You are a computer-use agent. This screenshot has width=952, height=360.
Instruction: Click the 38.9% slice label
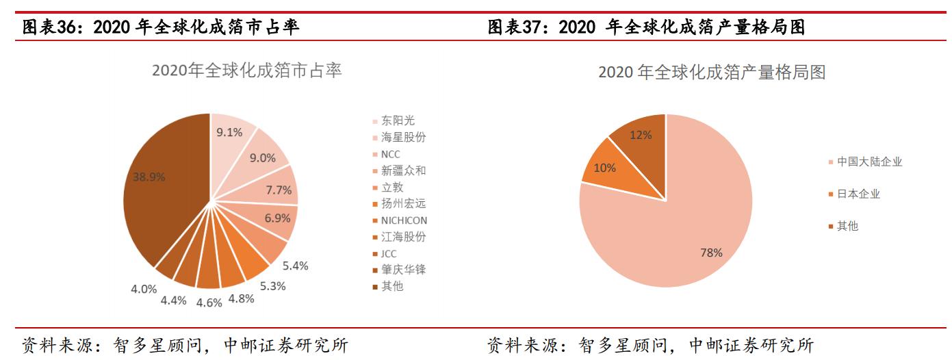point(149,177)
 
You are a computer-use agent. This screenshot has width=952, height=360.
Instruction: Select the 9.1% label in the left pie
point(229,133)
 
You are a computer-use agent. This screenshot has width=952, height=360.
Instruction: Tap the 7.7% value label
point(279,190)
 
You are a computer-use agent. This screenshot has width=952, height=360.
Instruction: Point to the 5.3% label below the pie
point(272,286)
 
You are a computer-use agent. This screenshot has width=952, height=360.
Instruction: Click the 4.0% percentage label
point(144,289)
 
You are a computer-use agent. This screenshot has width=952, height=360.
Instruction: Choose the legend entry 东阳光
point(398,120)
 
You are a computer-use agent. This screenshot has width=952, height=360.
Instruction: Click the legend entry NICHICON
point(404,220)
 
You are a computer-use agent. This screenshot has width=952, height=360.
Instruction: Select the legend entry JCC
point(388,253)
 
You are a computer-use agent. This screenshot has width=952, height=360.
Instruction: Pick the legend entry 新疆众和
point(403,170)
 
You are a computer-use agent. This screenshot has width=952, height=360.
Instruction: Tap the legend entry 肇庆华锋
point(403,270)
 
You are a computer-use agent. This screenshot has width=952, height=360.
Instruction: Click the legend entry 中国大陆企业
point(869,162)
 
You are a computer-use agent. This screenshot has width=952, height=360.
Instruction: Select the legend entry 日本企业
point(858,194)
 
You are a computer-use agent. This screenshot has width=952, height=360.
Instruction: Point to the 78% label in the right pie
point(711,253)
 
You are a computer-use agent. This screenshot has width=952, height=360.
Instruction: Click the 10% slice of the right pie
point(606,168)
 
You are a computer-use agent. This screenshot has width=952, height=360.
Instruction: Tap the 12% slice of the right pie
point(641,135)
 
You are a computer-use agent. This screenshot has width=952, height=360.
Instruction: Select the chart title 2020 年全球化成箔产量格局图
point(712,72)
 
